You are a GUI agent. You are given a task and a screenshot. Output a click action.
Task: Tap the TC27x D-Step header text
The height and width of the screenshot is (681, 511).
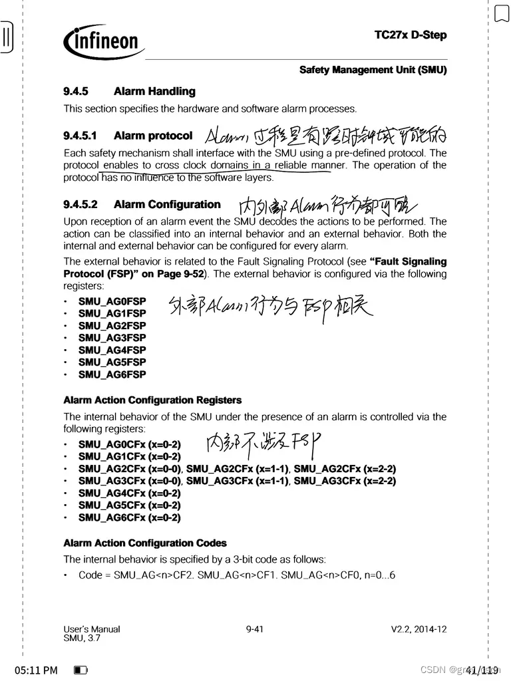pos(410,35)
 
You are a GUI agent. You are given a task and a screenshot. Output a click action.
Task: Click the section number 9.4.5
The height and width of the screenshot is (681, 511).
pos(76,91)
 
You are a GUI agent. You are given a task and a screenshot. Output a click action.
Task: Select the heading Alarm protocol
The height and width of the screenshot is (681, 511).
pos(153,136)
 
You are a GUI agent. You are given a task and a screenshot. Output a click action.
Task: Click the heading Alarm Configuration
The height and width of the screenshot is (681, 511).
pos(167,204)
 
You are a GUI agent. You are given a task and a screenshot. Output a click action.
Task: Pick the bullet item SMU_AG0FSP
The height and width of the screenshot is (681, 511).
pos(112,301)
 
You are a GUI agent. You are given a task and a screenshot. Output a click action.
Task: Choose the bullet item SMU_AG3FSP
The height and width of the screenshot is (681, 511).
pos(112,338)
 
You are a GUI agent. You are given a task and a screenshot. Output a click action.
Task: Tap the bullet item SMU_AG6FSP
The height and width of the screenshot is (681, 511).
pos(112,374)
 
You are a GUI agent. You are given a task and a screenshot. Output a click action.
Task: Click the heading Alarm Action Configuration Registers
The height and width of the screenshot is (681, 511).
pos(152,400)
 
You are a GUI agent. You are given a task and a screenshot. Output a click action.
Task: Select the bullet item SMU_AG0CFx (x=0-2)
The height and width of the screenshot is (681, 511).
pos(129,444)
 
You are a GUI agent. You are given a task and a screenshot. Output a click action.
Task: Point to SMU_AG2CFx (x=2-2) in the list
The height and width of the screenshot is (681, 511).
pos(345,469)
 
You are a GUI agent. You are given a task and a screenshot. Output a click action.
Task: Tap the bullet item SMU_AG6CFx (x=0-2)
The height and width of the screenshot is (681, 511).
pos(129,517)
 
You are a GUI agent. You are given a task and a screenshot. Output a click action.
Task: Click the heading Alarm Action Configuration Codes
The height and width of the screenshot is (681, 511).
pos(145,543)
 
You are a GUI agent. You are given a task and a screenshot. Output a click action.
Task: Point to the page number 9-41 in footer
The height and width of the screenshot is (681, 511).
pos(255,629)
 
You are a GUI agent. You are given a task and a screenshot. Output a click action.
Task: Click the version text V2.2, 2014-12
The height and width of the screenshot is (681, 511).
pos(419,629)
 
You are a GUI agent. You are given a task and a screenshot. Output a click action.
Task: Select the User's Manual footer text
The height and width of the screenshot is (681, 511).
pos(92,629)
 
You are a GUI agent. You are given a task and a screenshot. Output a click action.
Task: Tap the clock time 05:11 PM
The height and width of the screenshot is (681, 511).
pos(36,670)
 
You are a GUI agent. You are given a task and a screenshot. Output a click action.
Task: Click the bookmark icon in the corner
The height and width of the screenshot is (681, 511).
pos(501,13)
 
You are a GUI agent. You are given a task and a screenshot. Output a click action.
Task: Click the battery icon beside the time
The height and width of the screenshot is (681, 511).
pos(81,670)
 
